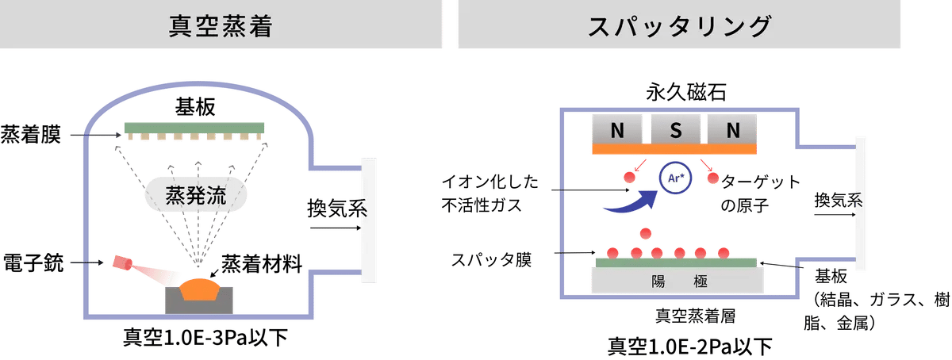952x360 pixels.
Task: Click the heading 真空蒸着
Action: coord(221,26)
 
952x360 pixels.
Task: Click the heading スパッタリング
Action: coord(679,26)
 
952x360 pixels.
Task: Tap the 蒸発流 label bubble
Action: coord(196,194)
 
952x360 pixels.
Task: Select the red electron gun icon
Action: coord(122,262)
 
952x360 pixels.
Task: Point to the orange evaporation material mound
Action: coord(200,289)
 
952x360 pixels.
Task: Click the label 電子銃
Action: coord(33,262)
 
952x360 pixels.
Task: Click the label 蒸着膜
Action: coord(31,135)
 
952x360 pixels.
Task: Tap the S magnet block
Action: coord(675,129)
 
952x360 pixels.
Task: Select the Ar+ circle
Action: coord(675,178)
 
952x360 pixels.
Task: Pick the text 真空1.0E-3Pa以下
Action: coord(205,338)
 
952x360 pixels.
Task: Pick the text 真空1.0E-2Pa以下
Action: coord(689,347)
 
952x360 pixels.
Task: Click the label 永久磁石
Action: coord(686,92)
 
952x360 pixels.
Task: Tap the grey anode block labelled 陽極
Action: coord(678,281)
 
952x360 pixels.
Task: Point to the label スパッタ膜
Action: coord(491,260)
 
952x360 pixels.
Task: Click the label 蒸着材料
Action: coord(262,263)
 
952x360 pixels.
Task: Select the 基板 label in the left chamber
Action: coord(195,107)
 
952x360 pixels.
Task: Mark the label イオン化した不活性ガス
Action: coord(490,193)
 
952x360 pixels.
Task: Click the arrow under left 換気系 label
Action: coord(336,228)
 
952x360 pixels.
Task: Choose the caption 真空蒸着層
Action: coord(695,316)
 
